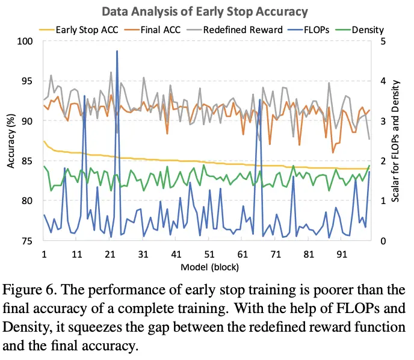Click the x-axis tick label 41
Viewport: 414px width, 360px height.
[x=176, y=254]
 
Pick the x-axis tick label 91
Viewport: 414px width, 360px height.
[x=342, y=254]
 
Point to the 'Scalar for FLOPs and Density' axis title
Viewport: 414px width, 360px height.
[x=396, y=141]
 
